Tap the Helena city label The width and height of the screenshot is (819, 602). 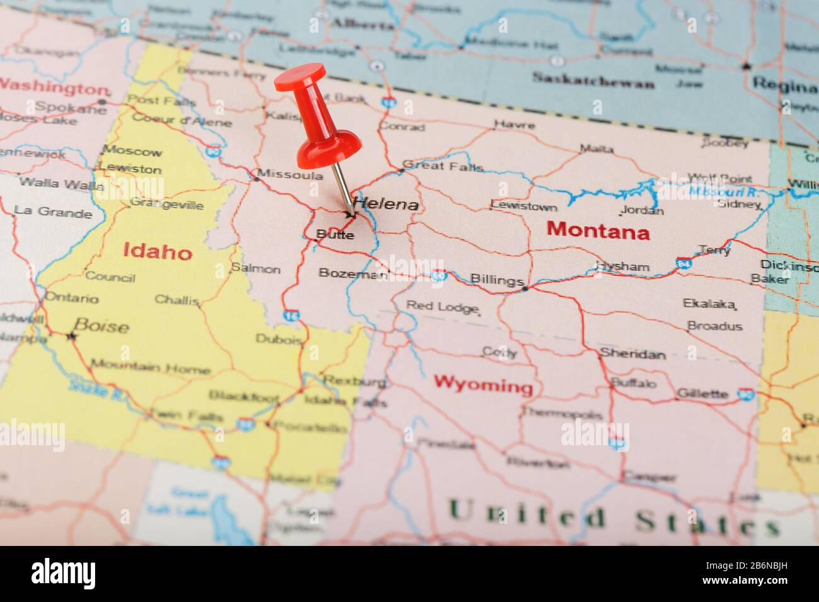pos(386,204)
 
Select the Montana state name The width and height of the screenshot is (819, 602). pos(598,231)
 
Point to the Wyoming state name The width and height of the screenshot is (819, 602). pos(483,383)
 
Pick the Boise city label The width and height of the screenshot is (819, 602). pos(101,326)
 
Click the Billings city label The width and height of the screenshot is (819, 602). pos(496,280)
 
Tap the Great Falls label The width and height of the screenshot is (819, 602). pos(443,166)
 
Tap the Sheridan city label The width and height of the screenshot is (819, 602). pos(632,353)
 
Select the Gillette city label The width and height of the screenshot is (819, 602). pos(702,394)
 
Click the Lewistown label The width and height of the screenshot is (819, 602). pos(524,206)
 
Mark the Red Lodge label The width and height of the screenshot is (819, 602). pos(442,307)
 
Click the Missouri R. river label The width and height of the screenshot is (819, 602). pos(723,191)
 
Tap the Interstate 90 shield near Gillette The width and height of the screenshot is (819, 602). pos(746,394)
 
